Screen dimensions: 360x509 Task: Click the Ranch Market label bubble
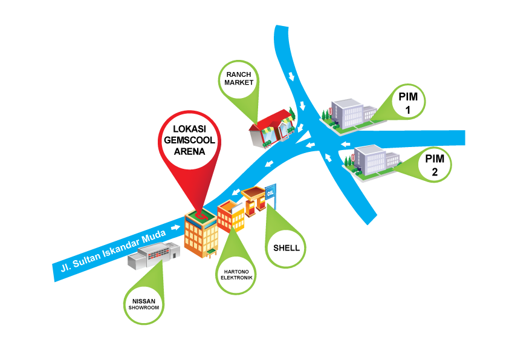point(238,79)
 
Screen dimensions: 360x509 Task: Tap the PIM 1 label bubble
point(408,102)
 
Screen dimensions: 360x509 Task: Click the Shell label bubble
point(286,247)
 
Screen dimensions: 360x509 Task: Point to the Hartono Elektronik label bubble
point(236,273)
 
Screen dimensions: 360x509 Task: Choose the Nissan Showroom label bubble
point(143,303)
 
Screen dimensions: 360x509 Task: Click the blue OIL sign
point(270,192)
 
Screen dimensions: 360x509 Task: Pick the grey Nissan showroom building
point(154,256)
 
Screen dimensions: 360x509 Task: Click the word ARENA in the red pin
point(189,152)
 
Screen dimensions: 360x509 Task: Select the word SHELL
point(286,248)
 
